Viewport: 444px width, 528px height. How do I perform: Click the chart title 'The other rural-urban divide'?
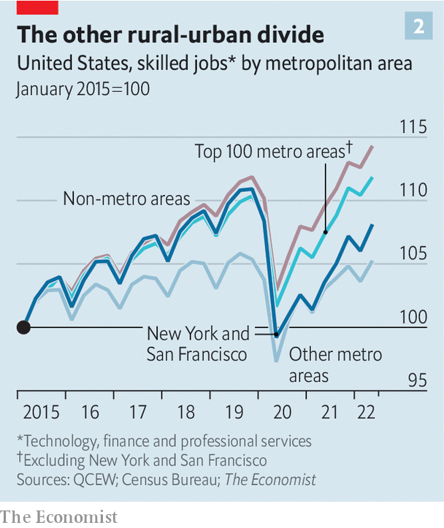pyautogui.click(x=171, y=35)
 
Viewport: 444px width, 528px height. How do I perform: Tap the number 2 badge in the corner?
pyautogui.click(x=419, y=27)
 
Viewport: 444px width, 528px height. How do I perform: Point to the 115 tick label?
pyautogui.click(x=413, y=127)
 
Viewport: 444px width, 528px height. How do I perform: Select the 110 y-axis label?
pyautogui.click(x=413, y=191)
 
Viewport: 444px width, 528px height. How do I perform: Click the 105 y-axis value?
pyautogui.click(x=413, y=254)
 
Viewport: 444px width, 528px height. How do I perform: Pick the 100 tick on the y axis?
pyautogui.click(x=413, y=318)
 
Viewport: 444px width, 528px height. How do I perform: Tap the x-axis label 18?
pyautogui.click(x=185, y=413)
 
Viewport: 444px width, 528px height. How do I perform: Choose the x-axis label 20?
pyautogui.click(x=281, y=413)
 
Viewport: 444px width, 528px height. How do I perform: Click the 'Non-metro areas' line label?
pyautogui.click(x=126, y=199)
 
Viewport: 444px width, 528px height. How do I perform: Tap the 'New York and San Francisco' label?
pyautogui.click(x=198, y=344)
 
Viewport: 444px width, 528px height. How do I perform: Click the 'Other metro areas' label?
pyautogui.click(x=335, y=365)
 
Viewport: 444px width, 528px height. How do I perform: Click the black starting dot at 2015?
pyautogui.click(x=23, y=326)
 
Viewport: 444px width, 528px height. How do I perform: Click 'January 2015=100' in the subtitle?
pyautogui.click(x=83, y=90)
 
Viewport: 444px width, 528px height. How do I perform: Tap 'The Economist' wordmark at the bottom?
pyautogui.click(x=58, y=516)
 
